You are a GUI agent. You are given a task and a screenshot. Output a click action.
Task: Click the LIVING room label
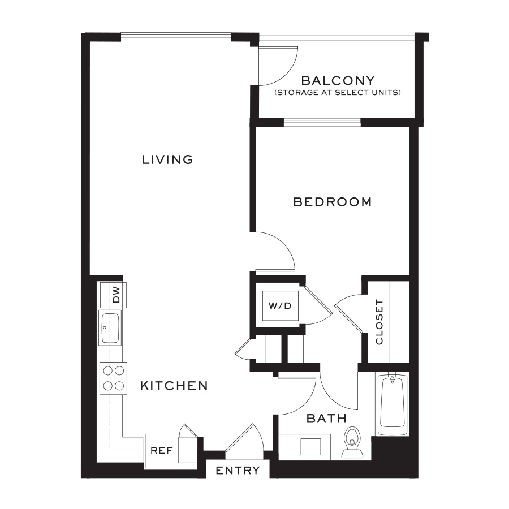[167, 159]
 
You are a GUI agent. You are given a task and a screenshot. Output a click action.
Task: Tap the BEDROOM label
[333, 202]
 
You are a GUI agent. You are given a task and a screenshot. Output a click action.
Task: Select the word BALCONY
[338, 80]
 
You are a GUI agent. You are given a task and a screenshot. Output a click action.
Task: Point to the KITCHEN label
[174, 386]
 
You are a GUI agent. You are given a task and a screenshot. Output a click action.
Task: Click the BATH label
[326, 419]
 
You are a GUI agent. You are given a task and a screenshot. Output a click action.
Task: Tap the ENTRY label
[238, 471]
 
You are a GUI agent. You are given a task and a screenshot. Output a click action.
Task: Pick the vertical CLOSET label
[379, 322]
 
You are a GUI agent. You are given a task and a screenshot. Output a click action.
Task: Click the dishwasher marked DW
[113, 295]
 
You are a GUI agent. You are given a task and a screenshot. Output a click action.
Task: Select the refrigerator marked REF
[161, 451]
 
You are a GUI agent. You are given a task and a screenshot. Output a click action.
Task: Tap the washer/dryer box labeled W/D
[280, 305]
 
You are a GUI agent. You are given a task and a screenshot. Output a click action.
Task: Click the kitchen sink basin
[110, 328]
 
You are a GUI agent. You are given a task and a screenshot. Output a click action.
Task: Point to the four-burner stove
[113, 378]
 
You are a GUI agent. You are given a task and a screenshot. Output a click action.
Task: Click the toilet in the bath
[352, 442]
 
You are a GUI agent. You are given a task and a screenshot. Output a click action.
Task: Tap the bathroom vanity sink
[310, 447]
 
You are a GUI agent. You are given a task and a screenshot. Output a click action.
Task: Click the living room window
[176, 37]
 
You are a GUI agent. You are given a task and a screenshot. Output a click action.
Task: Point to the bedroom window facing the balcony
[322, 122]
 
